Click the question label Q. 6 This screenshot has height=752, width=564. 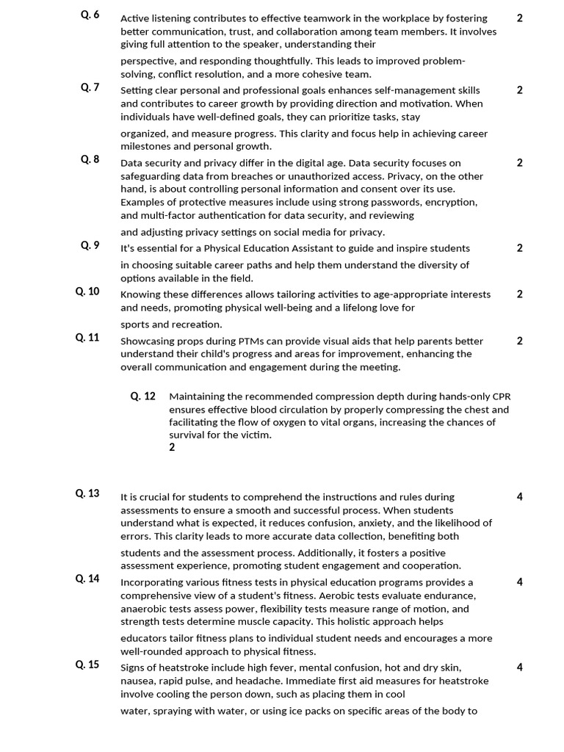click(90, 15)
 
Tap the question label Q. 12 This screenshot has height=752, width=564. click(143, 397)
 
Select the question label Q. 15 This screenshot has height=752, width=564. click(87, 665)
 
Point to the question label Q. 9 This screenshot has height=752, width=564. click(90, 245)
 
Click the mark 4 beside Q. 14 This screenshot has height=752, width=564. click(520, 582)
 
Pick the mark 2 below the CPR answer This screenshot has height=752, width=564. click(173, 447)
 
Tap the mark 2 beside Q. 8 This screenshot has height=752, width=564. click(520, 163)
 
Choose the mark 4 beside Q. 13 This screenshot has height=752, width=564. click(520, 497)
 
